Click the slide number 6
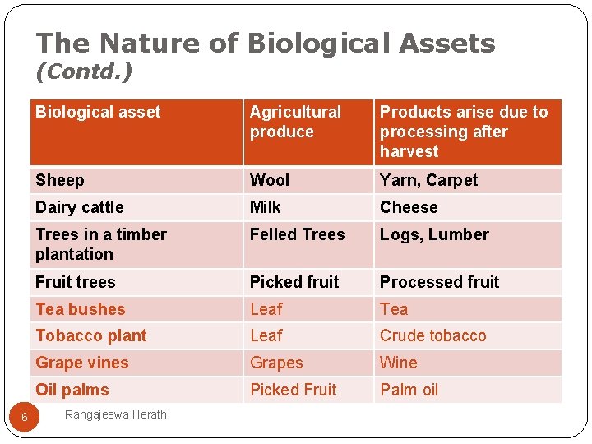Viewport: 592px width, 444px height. (x=25, y=418)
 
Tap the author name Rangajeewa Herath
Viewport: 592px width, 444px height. (x=115, y=414)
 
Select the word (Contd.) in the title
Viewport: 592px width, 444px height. (x=84, y=72)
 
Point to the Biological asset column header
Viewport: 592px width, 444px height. (x=98, y=112)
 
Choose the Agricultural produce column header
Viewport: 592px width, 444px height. (x=295, y=122)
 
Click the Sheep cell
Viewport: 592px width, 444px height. (x=60, y=180)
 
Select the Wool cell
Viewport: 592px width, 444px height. (x=270, y=180)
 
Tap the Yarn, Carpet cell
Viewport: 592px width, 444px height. (x=428, y=180)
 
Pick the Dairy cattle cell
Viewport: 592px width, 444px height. (x=80, y=207)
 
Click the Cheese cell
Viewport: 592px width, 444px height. (x=409, y=207)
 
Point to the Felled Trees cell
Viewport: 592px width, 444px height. (x=297, y=234)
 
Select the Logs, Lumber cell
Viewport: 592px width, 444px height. (x=434, y=234)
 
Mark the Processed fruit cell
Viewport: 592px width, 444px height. (x=439, y=282)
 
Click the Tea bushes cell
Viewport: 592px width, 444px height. (x=81, y=309)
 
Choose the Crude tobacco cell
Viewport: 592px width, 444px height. (x=432, y=335)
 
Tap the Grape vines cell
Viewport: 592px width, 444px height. (x=82, y=363)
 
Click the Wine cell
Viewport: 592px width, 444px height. (x=398, y=363)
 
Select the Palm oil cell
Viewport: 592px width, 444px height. (x=410, y=390)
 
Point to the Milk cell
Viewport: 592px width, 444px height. (x=266, y=207)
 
